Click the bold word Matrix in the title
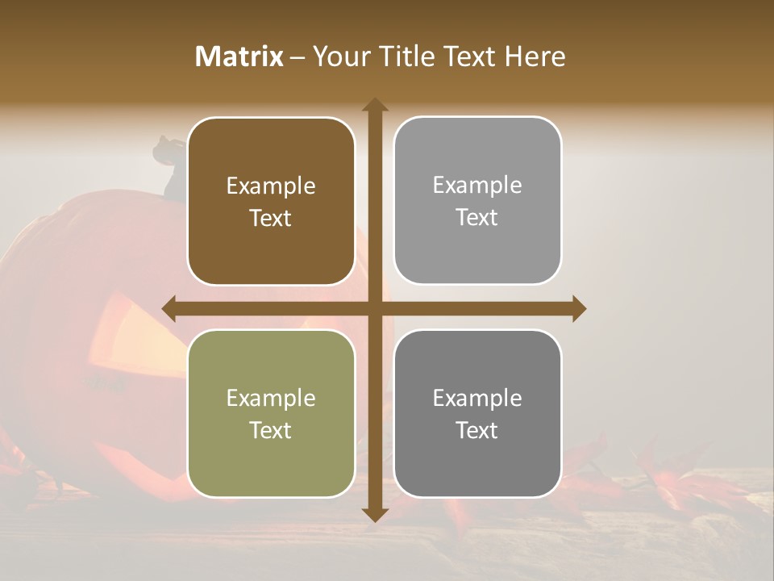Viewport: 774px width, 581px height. (x=239, y=56)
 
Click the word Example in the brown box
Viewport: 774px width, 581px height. (x=271, y=186)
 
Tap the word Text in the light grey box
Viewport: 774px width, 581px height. (x=476, y=217)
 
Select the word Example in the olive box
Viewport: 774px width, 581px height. (x=271, y=399)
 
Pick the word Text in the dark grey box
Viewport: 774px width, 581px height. (x=476, y=430)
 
